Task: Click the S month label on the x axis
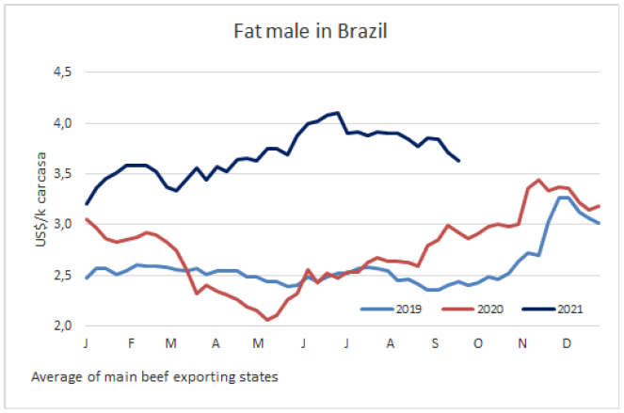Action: click(x=433, y=342)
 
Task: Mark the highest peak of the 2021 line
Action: click(x=338, y=113)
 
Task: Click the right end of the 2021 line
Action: click(x=458, y=161)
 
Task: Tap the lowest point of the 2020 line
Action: click(x=267, y=320)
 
